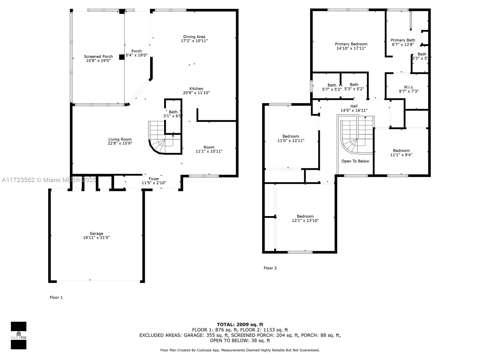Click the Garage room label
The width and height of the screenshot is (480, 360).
point(96,233)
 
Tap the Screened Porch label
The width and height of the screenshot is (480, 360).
point(98,56)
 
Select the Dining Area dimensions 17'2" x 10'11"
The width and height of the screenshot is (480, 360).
point(194,41)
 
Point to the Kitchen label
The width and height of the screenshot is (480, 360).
point(196,89)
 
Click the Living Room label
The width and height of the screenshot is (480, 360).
point(120,139)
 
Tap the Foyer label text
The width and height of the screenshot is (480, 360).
point(154,179)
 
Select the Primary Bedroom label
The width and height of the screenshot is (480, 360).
point(351,44)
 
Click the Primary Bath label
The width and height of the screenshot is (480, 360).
point(403,40)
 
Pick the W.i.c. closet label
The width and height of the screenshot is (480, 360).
point(409,87)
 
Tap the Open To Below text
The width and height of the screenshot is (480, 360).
point(355,161)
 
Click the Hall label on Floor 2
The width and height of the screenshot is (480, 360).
point(354,106)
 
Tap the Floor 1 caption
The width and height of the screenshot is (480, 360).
point(56,298)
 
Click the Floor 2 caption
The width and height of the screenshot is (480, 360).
point(270,268)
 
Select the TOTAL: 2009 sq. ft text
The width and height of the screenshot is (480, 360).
point(240,325)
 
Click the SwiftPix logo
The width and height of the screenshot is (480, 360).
point(19,335)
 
